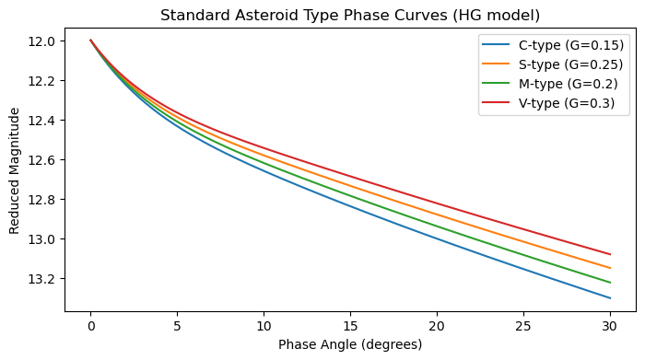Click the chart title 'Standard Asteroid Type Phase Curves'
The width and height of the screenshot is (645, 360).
(349, 15)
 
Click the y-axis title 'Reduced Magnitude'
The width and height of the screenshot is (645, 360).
(15, 170)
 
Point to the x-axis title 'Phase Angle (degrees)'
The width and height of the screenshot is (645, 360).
(350, 345)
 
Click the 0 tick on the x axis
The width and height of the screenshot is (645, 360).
(90, 325)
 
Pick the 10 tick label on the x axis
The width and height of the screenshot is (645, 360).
(264, 325)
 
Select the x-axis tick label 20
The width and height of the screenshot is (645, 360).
(437, 325)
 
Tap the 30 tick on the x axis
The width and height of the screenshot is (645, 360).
(610, 325)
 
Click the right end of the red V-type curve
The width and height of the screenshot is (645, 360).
(610, 254)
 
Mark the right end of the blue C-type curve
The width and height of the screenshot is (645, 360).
(610, 298)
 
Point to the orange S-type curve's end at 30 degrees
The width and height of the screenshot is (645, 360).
(610, 268)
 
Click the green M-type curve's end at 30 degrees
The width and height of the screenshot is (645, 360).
(610, 283)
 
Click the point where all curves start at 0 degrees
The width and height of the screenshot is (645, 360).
(90, 40)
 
